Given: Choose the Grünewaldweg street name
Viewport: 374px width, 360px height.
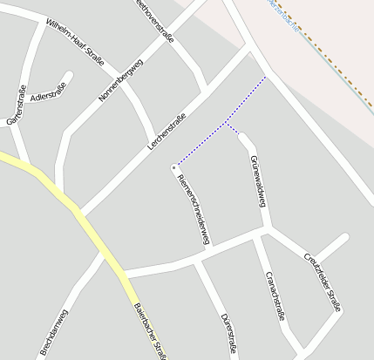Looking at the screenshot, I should (256, 181).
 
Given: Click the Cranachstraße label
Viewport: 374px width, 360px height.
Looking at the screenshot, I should (275, 295).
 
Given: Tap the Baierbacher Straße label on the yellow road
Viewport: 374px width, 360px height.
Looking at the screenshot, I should (150, 329).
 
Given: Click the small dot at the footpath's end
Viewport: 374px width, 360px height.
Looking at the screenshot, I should (174, 166).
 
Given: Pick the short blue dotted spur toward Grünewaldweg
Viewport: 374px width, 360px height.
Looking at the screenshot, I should (232, 129).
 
